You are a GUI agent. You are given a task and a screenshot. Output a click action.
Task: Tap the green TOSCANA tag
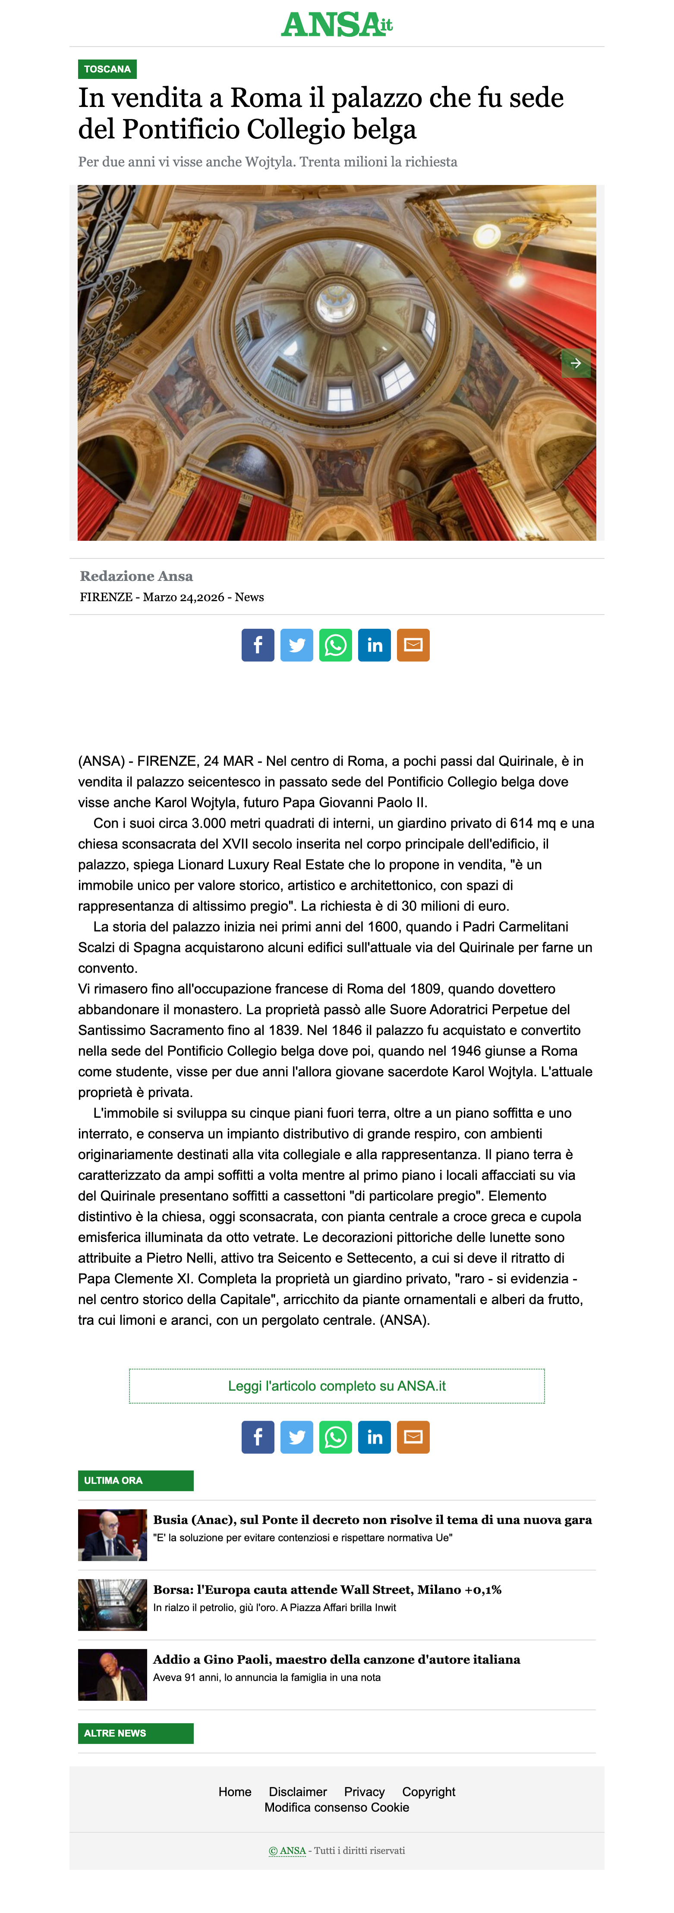(107, 69)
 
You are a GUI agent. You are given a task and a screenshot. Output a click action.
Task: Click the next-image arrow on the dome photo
(575, 363)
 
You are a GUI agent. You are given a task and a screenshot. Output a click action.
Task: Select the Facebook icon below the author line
(258, 645)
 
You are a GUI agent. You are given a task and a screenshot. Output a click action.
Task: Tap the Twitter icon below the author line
(296, 645)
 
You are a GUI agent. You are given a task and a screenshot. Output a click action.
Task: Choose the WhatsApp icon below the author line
(336, 645)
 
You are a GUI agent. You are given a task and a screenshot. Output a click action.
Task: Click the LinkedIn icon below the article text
(375, 1437)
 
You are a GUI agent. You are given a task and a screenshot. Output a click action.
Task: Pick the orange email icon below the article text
(413, 1437)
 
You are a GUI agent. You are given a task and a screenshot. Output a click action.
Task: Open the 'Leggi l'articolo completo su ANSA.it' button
(337, 1386)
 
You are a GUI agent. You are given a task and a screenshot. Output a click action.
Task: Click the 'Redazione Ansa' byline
(136, 576)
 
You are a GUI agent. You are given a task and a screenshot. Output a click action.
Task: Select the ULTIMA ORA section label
(135, 1481)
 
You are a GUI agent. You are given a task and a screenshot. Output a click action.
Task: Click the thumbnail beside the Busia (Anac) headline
(112, 1535)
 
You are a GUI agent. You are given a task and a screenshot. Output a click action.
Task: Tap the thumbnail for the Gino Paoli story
(112, 1675)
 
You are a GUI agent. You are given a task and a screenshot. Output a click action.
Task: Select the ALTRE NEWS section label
(135, 1733)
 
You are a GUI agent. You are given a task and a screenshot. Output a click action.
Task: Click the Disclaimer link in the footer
(297, 1792)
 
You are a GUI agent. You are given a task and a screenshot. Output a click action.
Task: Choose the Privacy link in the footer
(364, 1792)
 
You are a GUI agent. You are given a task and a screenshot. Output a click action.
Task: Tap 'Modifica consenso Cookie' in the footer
(337, 1807)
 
